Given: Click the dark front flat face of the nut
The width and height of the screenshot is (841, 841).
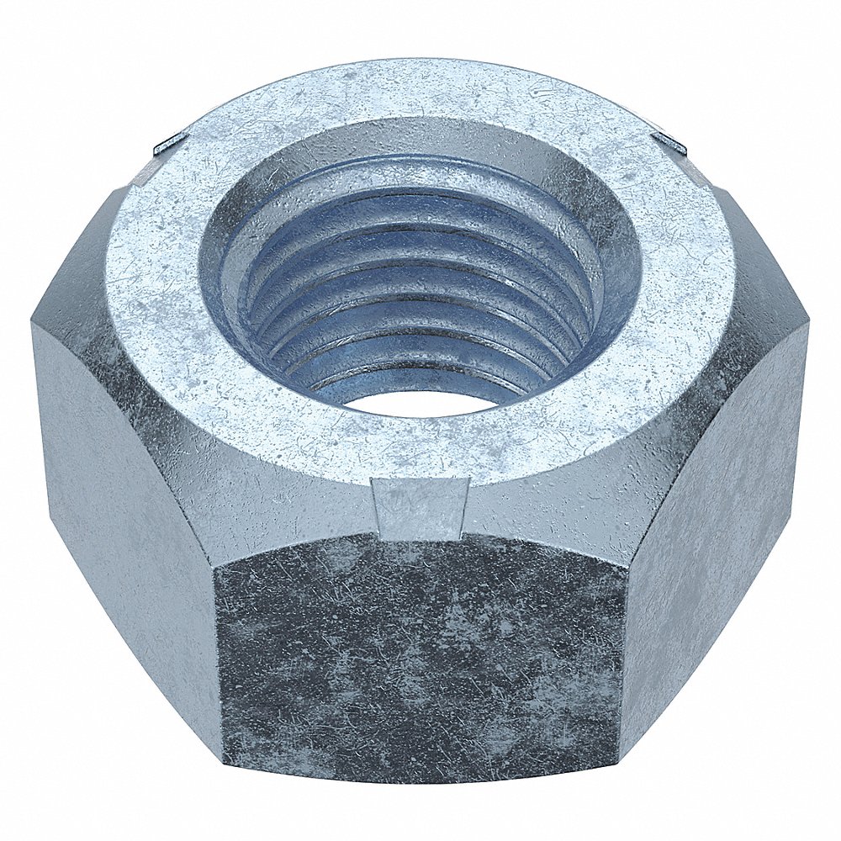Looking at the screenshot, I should [420, 656].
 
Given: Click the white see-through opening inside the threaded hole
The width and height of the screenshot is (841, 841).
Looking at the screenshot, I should [418, 402].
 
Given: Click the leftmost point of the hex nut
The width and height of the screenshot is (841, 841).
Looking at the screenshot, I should [32, 324].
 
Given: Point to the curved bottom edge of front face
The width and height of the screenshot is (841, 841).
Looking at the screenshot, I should [420, 780].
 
